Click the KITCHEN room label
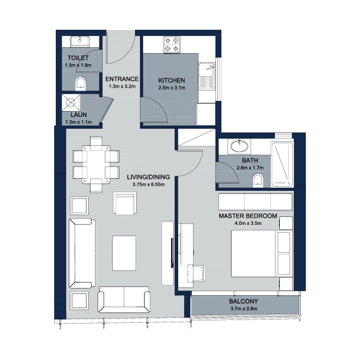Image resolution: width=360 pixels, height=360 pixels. click(171, 81)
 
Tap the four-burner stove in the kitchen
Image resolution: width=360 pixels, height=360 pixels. click(172, 45)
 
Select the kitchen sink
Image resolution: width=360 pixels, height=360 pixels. click(207, 76)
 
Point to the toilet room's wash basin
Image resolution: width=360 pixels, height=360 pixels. click(80, 41)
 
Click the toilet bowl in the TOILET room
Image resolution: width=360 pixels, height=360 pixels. click(81, 84)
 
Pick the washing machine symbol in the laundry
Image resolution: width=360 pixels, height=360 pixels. click(71, 103)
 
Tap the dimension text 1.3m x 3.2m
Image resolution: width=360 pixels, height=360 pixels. click(122, 86)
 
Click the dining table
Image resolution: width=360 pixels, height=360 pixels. click(96, 164)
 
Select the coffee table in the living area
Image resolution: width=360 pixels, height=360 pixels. click(124, 253)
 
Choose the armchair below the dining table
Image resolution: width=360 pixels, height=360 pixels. click(125, 203)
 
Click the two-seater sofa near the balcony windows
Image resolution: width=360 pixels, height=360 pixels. click(124, 299)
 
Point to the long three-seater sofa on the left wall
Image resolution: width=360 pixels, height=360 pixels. click(82, 253)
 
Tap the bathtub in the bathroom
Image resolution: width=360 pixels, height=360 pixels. click(282, 164)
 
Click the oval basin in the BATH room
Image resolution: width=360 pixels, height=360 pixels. click(239, 146)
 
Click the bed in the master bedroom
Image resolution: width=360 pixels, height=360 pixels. click(262, 253)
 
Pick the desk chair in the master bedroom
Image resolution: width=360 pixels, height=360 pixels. click(196, 273)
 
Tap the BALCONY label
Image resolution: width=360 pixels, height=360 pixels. click(243, 301)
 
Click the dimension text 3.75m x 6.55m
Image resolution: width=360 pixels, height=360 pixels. click(148, 184)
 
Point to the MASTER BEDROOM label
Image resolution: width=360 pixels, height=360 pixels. click(248, 216)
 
